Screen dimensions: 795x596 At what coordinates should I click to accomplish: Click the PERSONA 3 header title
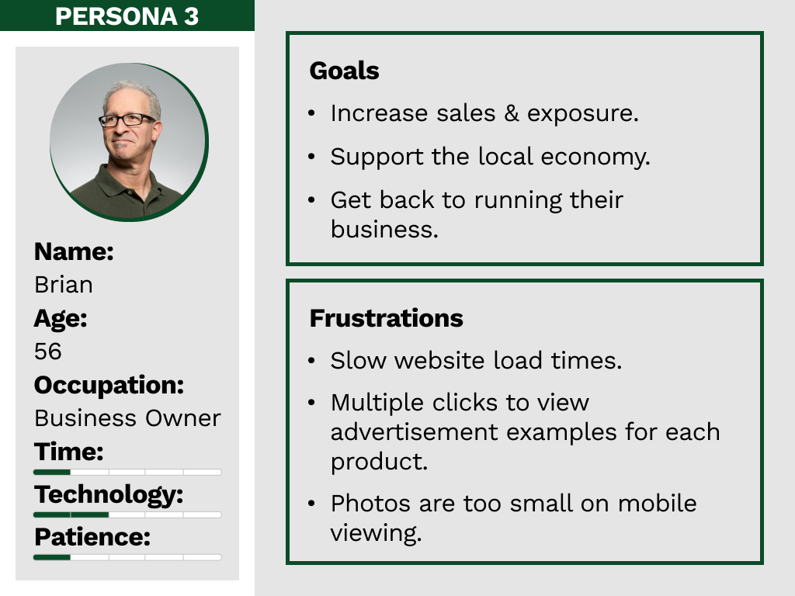pos(127,16)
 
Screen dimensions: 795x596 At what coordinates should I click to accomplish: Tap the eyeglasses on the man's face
pos(127,120)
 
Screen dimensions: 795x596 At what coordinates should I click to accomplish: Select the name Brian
pos(64,285)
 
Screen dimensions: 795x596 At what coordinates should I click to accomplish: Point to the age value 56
pos(47,352)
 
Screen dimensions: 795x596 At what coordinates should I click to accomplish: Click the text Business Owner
pos(128,418)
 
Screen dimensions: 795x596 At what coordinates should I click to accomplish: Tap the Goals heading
pos(344,71)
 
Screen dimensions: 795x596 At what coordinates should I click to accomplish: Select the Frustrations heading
pos(387,318)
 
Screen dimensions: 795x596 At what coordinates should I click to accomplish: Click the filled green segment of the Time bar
pos(52,473)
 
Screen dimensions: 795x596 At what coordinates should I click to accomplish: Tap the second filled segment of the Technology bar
pos(90,515)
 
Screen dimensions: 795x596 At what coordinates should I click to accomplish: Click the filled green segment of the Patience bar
pos(52,557)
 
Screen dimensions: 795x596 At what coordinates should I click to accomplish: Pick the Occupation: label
pos(109,385)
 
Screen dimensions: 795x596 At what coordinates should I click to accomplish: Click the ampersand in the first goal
pos(512,113)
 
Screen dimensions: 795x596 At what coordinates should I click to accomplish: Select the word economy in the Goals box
pos(595,157)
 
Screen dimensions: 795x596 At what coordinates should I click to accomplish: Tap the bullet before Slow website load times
pos(311,361)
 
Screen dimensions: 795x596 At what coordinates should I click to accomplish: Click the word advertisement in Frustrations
pos(415,432)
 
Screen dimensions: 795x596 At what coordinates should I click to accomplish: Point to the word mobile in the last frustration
pos(657,504)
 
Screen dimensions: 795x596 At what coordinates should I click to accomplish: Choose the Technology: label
pos(109,495)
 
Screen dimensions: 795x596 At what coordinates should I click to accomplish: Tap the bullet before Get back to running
pos(311,200)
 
